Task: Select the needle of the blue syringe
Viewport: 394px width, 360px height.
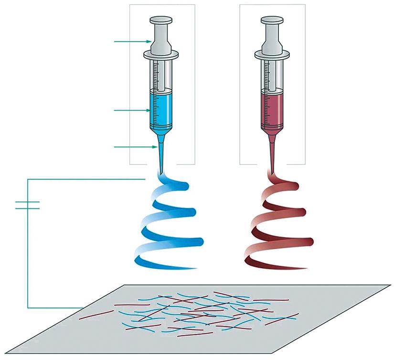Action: point(160,153)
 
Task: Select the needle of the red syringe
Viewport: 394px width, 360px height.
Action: point(270,153)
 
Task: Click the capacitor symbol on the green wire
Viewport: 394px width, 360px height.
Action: point(27,205)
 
